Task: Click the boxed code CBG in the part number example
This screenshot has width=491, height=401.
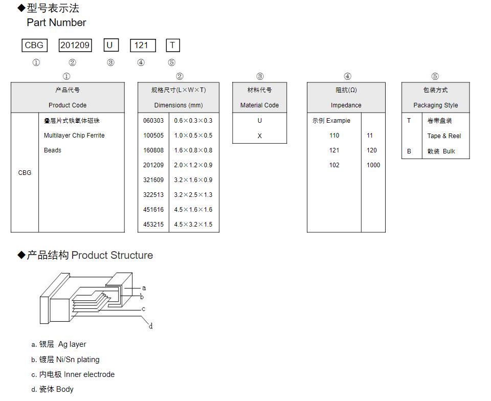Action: pos(34,45)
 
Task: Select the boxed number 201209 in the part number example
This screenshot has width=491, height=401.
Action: pos(75,45)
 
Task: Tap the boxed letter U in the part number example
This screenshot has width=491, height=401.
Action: pos(109,45)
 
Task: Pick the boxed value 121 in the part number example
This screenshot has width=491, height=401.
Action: pos(141,45)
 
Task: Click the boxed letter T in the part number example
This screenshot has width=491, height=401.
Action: pos(173,45)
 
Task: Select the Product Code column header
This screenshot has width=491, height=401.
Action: pos(68,105)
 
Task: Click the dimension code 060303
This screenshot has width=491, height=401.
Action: pos(153,121)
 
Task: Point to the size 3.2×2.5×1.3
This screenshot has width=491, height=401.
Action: pos(193,195)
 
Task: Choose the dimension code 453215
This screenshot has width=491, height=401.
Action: pos(153,225)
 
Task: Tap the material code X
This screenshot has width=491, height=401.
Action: pos(259,136)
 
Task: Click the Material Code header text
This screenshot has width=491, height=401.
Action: pos(259,105)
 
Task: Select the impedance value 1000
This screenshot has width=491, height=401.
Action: pos(373,165)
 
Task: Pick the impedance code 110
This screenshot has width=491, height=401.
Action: pos(334,136)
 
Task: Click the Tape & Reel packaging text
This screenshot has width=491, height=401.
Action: pos(444,136)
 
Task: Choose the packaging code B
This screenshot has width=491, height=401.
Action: pos(409,151)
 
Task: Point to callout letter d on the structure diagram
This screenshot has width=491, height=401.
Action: pos(150,326)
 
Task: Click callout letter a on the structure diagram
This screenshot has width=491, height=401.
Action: pos(144,288)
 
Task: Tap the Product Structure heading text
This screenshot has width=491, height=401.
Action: pos(112,255)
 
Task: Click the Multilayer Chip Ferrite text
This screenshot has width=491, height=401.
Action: pos(74,136)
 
